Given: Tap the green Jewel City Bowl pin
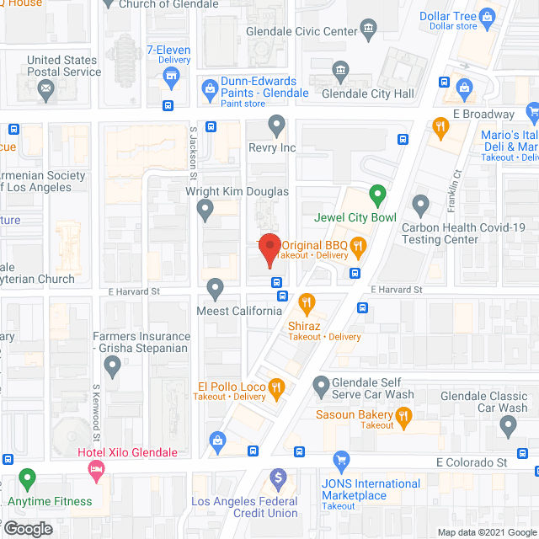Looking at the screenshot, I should (378, 196).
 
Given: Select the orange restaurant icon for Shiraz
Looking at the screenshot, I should (307, 302).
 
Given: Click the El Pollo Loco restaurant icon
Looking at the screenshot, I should (277, 387).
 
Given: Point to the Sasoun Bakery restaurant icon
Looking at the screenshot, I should (404, 414).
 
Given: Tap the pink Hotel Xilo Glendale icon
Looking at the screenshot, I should (96, 468).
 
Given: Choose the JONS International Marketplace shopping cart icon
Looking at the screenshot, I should (341, 460).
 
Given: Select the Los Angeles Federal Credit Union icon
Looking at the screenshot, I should (279, 478).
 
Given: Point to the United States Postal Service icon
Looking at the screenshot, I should (46, 88).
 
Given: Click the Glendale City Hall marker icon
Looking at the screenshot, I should (340, 70).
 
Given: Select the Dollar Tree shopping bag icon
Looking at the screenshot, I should (487, 16).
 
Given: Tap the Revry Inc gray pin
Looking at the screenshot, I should (277, 126).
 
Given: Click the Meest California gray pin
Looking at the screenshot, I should (216, 289).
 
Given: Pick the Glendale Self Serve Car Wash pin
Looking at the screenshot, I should (321, 387).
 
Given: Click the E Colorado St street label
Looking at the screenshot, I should (472, 462).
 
